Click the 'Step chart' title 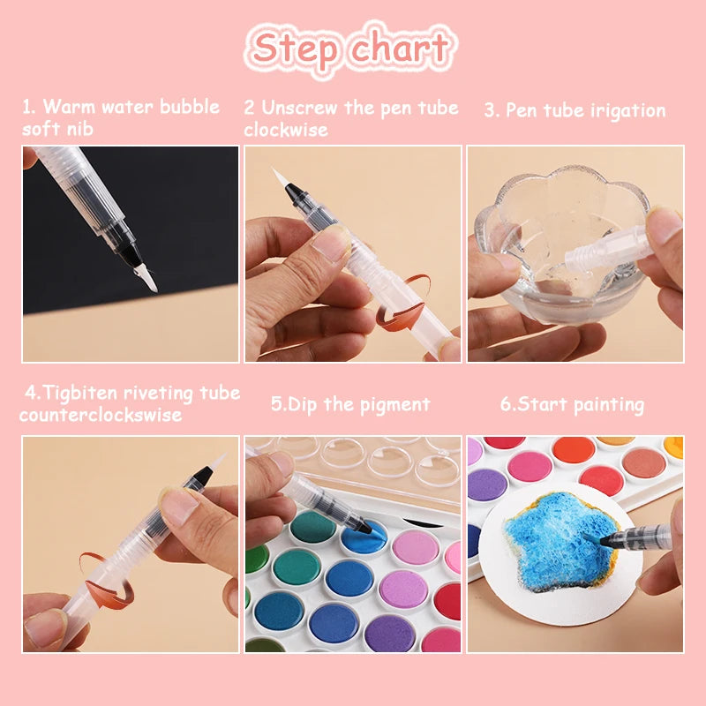point(351,48)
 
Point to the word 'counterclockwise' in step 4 point(101,414)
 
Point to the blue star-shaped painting point(552,538)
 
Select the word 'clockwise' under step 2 point(286,130)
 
